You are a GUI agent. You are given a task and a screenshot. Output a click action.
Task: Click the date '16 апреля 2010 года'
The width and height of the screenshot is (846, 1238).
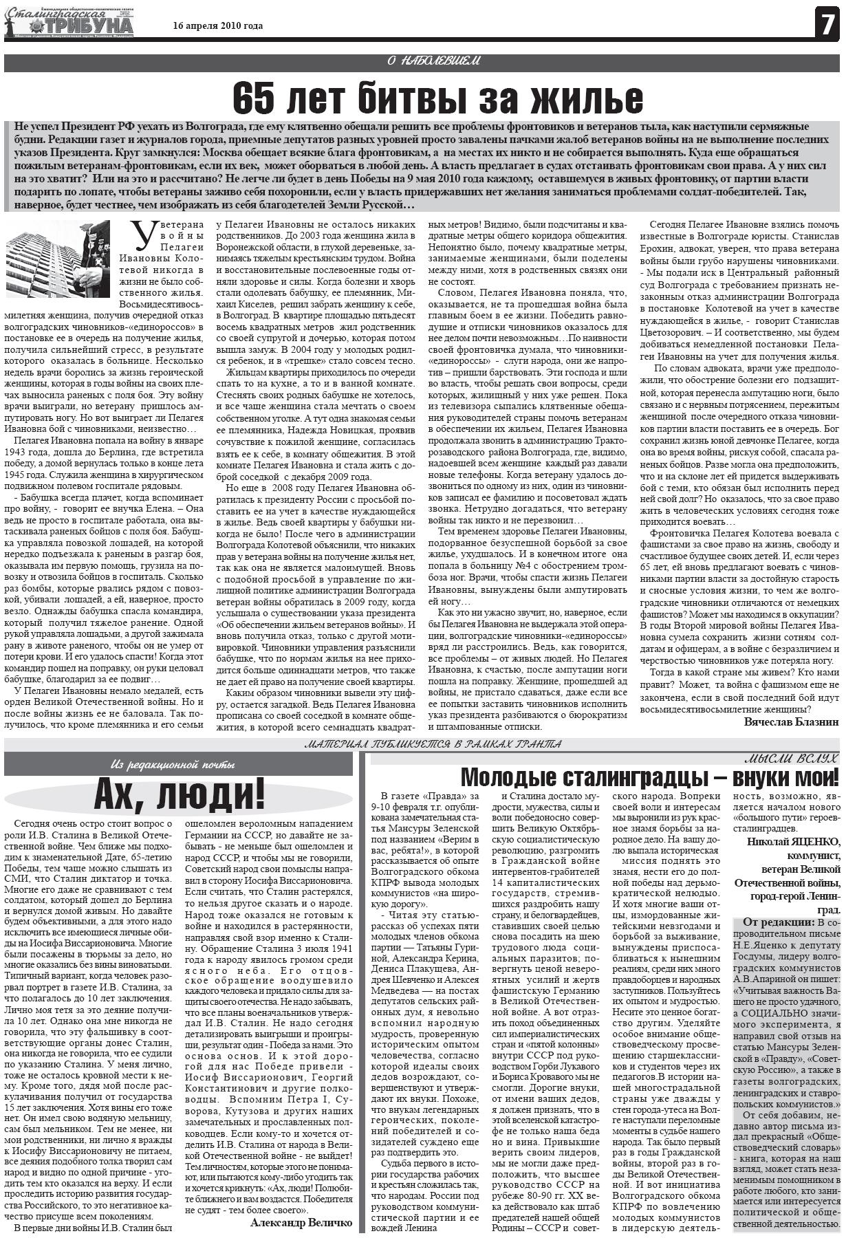click(x=218, y=26)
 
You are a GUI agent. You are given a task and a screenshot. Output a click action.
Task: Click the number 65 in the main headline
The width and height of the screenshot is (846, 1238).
click(x=256, y=98)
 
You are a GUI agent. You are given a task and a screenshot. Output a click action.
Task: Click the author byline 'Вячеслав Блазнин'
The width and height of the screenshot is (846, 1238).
click(x=791, y=721)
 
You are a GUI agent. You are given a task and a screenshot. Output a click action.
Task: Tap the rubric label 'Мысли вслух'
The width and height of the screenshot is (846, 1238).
click(x=792, y=759)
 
